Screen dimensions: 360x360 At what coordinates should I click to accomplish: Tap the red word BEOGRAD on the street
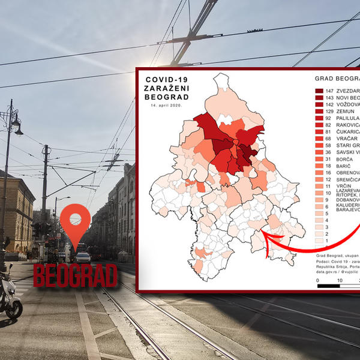pos(75,275)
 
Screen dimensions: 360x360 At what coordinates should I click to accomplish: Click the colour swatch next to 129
pos(319,112)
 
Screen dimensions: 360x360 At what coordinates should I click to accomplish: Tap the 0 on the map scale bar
pos(317,280)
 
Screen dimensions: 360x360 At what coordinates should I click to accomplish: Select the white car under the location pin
pos(82,257)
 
